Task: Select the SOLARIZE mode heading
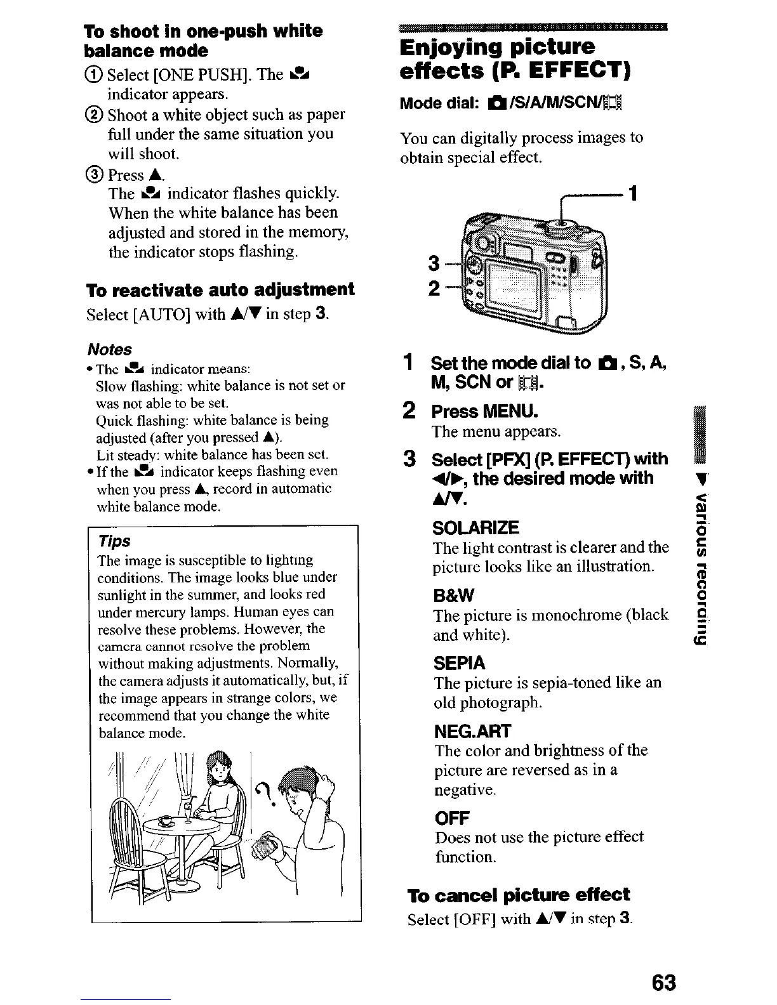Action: (x=476, y=528)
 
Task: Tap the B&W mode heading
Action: (x=454, y=596)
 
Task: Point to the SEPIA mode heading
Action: (x=459, y=664)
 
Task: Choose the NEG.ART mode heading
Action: (x=472, y=732)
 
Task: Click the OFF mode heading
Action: (x=452, y=817)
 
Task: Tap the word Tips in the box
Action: (x=114, y=541)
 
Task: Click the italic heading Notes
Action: (x=109, y=350)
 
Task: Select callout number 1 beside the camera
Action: (x=632, y=192)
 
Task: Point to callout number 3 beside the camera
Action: (x=434, y=263)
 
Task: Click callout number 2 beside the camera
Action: (x=434, y=289)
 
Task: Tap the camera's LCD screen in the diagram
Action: (x=514, y=282)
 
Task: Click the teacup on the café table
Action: (x=166, y=821)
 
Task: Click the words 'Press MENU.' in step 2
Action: (x=484, y=412)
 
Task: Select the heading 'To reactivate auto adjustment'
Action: (x=220, y=290)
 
